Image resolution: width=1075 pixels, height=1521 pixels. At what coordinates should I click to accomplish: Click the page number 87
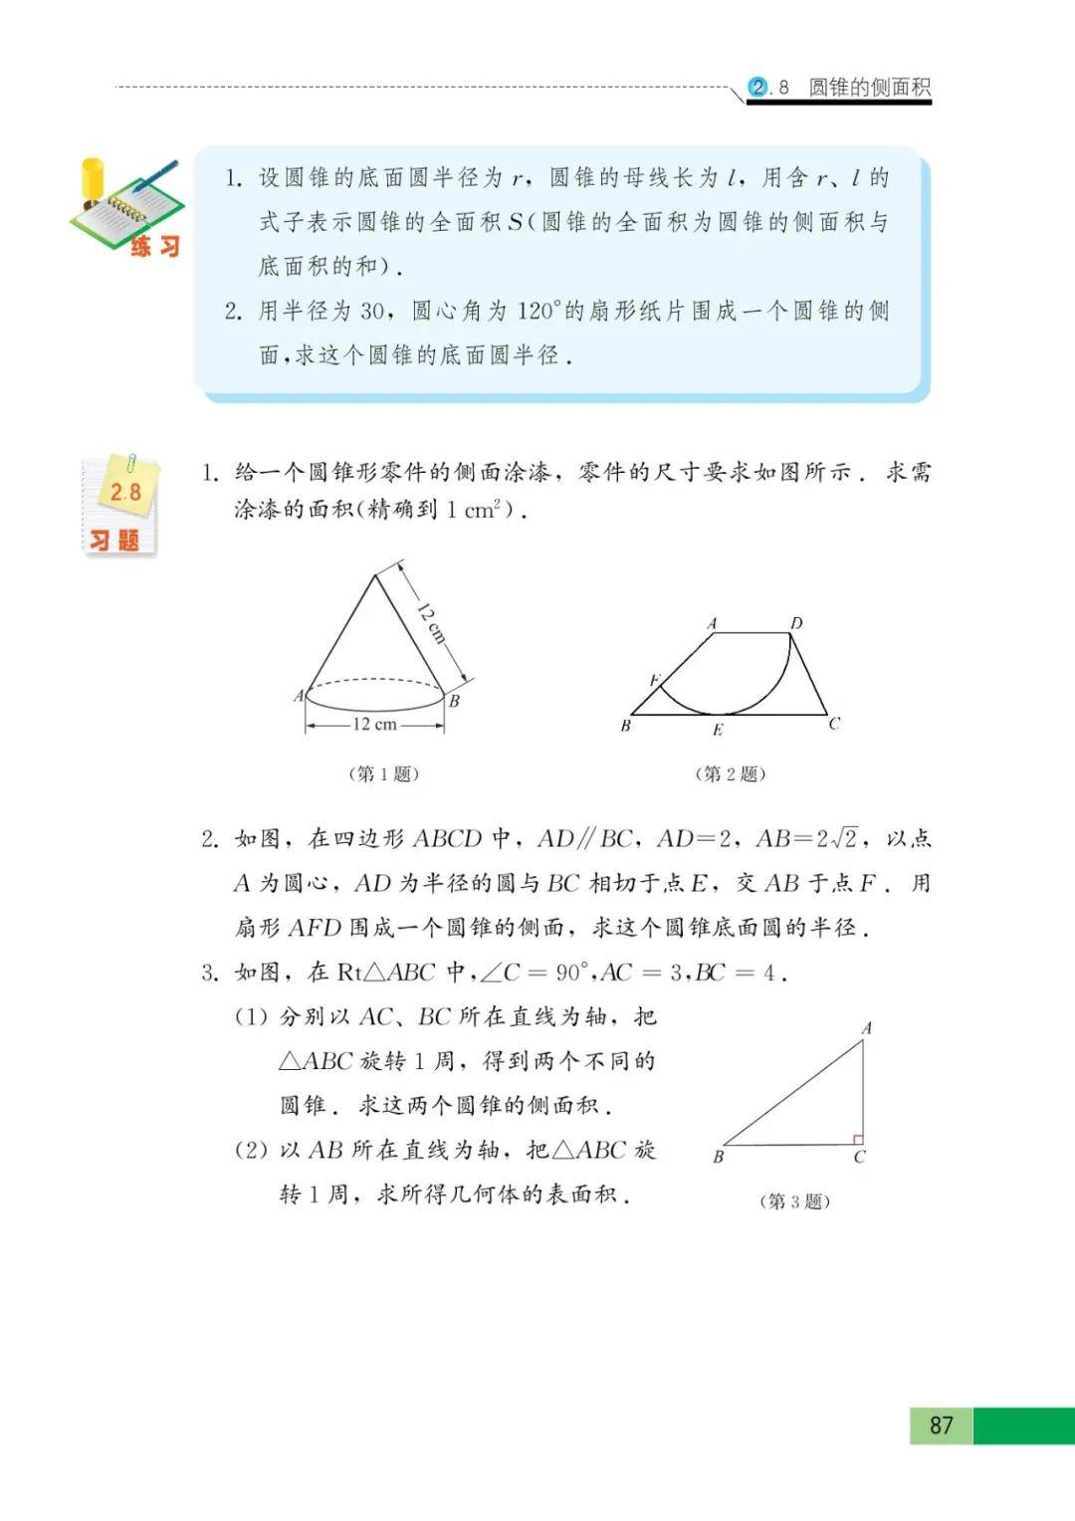pyautogui.click(x=941, y=1425)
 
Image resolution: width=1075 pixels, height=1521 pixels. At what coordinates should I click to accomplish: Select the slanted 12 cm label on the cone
pyautogui.click(x=431, y=623)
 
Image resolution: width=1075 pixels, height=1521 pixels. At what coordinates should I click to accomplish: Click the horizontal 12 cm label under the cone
pyautogui.click(x=374, y=725)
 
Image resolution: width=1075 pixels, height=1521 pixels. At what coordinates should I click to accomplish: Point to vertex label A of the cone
pyautogui.click(x=298, y=696)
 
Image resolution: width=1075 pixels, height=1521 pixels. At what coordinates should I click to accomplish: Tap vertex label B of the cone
pyautogui.click(x=454, y=701)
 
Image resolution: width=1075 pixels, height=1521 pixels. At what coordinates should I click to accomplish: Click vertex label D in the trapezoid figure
pyautogui.click(x=796, y=623)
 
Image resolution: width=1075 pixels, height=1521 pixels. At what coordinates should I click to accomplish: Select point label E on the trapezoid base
pyautogui.click(x=718, y=731)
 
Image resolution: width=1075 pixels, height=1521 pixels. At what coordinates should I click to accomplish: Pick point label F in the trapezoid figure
pyautogui.click(x=655, y=681)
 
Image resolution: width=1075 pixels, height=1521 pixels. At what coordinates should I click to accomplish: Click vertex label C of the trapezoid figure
pyautogui.click(x=834, y=724)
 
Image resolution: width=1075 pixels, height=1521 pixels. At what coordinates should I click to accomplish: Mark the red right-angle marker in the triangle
pyautogui.click(x=857, y=1139)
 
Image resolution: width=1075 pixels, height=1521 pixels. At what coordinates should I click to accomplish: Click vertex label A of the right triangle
pyautogui.click(x=867, y=1028)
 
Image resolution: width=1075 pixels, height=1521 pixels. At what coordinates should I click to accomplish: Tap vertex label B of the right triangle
pyautogui.click(x=718, y=1157)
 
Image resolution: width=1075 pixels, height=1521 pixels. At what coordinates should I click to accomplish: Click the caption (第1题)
pyautogui.click(x=383, y=773)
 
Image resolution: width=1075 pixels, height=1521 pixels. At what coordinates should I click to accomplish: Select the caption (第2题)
pyautogui.click(x=731, y=773)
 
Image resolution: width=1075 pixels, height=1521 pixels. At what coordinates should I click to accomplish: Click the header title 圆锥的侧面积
pyautogui.click(x=869, y=88)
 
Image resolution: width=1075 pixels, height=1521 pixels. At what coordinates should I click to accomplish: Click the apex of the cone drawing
pyautogui.click(x=374, y=574)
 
